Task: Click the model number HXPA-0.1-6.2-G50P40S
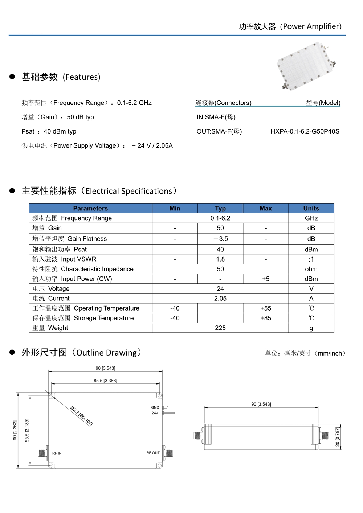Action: coord(305,131)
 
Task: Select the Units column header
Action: coord(311,208)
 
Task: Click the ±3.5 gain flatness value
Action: coord(220,239)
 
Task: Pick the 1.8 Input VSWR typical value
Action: coord(220,259)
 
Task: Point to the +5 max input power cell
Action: coord(266,279)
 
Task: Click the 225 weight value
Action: coord(220,328)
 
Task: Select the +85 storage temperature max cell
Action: coord(266,318)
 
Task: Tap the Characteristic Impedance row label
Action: coord(83,269)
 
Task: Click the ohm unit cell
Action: coord(311,269)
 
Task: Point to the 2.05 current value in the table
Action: coord(220,299)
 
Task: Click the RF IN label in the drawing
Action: coord(57,453)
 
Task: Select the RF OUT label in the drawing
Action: coord(153,453)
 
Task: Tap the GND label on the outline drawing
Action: coord(155,407)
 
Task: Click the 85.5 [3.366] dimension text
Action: coord(105,381)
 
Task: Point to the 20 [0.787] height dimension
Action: coord(337,437)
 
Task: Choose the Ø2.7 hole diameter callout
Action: coord(82,416)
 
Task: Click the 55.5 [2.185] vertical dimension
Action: coord(27,430)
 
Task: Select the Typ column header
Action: coord(220,208)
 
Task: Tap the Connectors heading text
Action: coord(223,103)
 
